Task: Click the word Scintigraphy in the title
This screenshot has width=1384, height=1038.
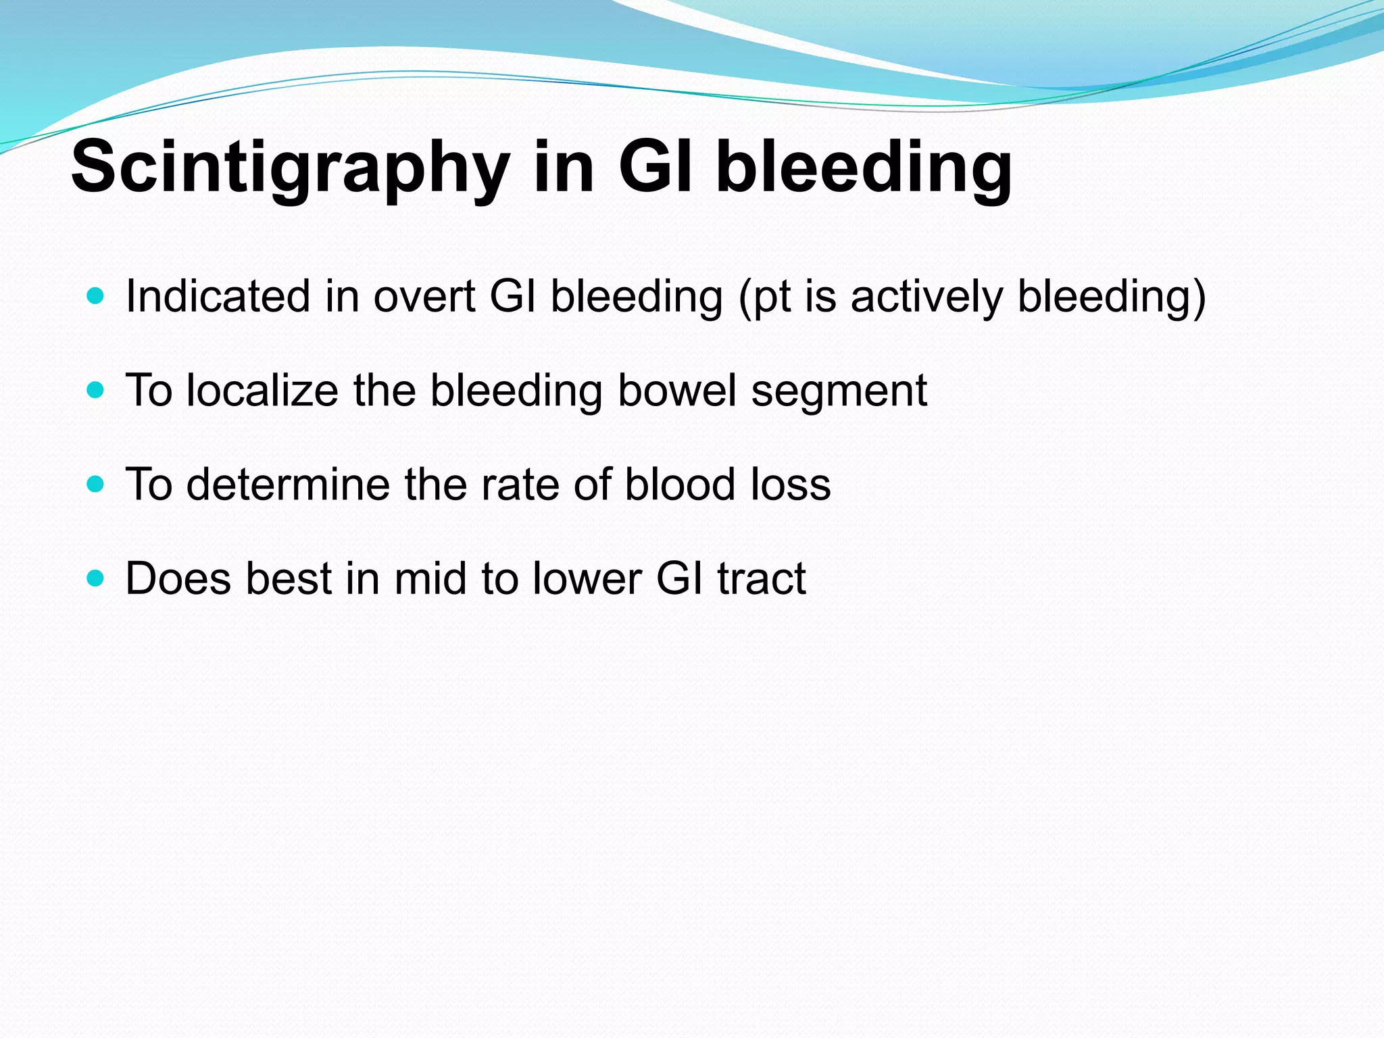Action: tap(291, 168)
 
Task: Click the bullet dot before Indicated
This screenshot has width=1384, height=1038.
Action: tap(96, 296)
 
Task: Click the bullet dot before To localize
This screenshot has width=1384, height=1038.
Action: tap(96, 390)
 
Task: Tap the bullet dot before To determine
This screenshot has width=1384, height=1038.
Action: tap(96, 484)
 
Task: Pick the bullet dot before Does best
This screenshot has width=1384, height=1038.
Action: tap(96, 578)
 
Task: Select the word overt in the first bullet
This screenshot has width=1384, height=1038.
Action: tap(424, 297)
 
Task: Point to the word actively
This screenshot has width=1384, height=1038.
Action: tap(926, 297)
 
